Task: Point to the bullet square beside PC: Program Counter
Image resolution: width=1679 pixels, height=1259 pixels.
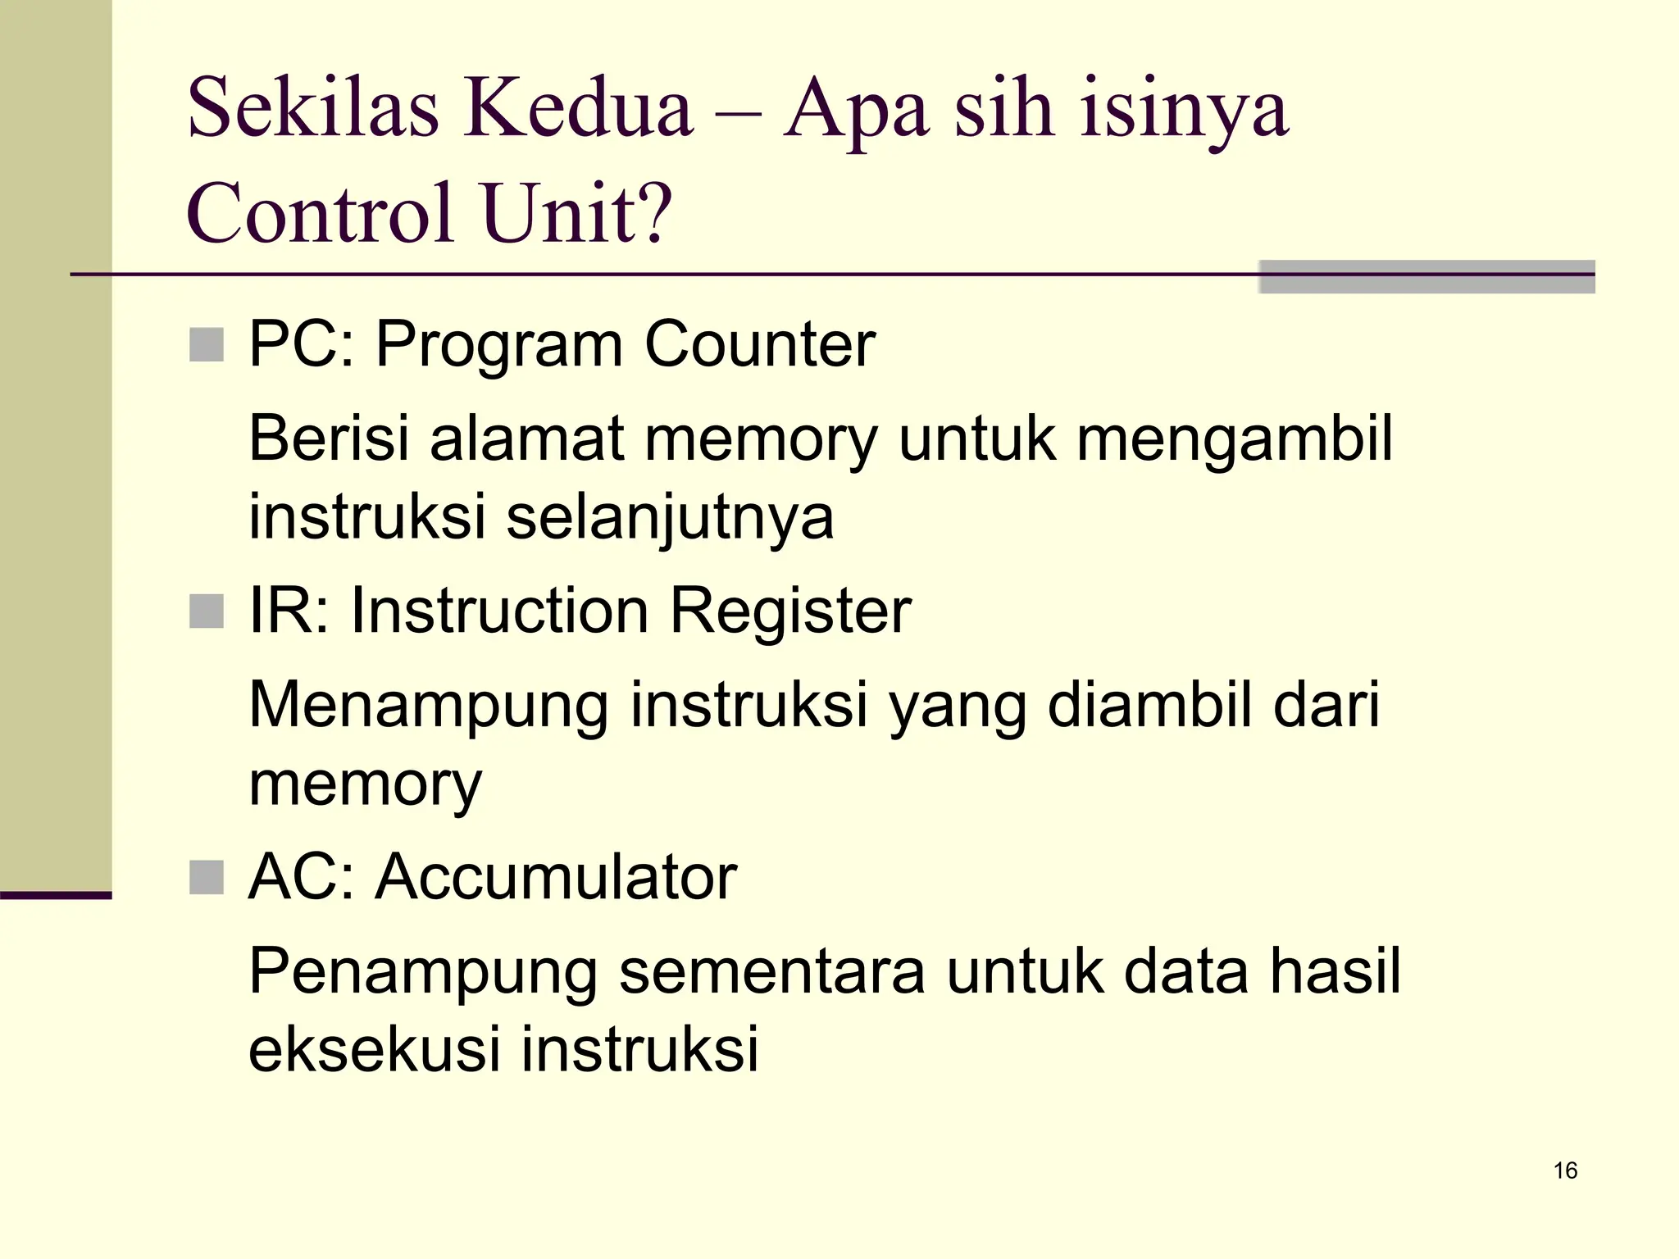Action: click(207, 345)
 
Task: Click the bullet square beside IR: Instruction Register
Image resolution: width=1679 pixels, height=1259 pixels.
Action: click(207, 611)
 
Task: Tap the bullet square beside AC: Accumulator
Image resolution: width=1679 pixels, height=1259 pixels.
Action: click(207, 878)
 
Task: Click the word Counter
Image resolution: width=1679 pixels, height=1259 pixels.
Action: click(760, 344)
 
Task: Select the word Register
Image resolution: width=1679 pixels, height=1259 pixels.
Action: click(790, 611)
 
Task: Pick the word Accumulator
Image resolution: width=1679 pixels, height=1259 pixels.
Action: click(557, 877)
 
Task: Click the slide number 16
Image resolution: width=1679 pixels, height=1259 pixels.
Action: click(1565, 1170)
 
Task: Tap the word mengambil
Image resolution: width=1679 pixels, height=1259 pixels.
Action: click(1235, 440)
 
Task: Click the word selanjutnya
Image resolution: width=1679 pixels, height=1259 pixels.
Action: click(670, 518)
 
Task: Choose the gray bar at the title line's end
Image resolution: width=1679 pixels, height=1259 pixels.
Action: click(1426, 277)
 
